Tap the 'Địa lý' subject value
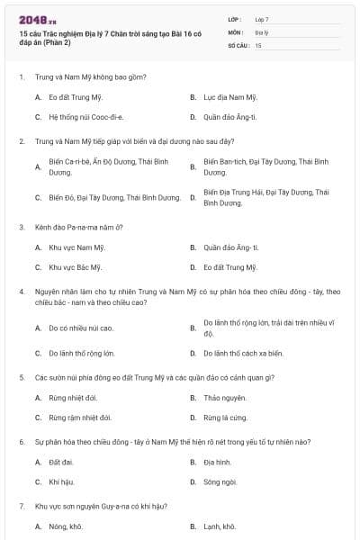point(261,31)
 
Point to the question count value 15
point(258,44)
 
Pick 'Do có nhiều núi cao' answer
point(81,328)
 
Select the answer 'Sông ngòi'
point(220,482)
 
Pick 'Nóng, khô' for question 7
point(65,526)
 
